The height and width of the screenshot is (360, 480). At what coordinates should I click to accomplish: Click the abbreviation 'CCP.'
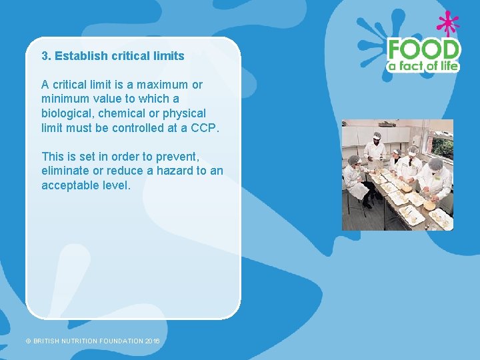204,127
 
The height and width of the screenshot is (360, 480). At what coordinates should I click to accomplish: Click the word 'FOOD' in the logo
424,49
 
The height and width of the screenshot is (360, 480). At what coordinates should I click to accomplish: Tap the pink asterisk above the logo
447,24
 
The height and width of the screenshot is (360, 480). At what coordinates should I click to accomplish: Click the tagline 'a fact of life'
424,65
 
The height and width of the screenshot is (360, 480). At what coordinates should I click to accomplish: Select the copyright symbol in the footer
28,341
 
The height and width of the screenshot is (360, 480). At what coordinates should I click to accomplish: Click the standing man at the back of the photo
376,150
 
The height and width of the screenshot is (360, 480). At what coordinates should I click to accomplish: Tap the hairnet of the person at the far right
436,163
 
